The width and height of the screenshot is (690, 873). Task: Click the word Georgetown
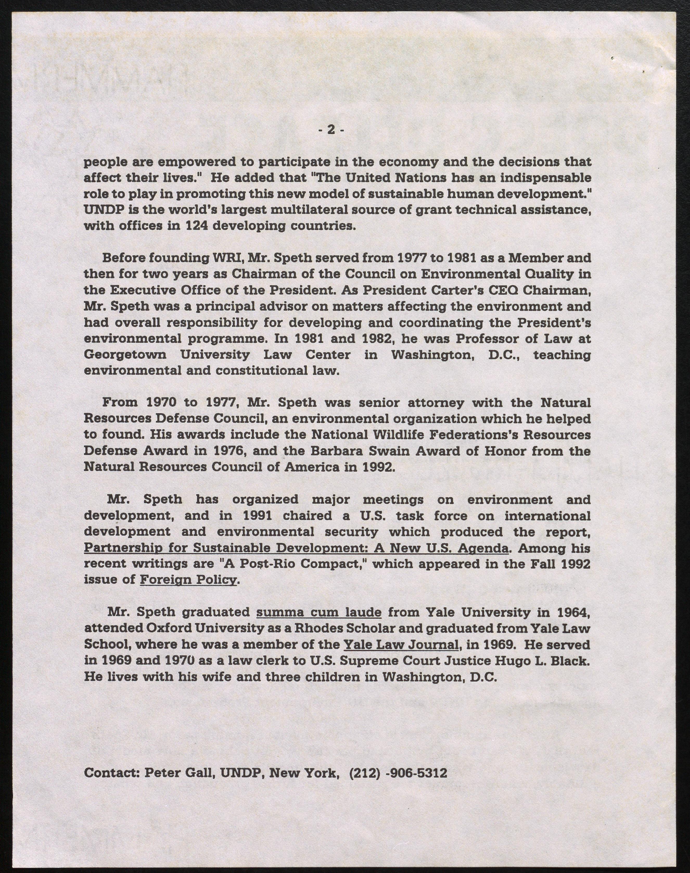pos(125,355)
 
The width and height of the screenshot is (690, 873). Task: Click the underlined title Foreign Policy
pos(188,580)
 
